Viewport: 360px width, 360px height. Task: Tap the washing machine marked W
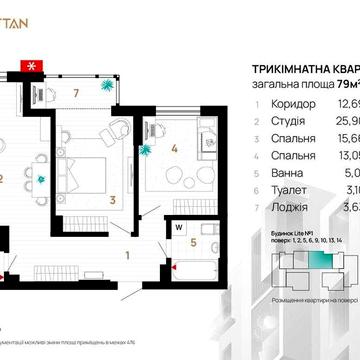tap(177, 225)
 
